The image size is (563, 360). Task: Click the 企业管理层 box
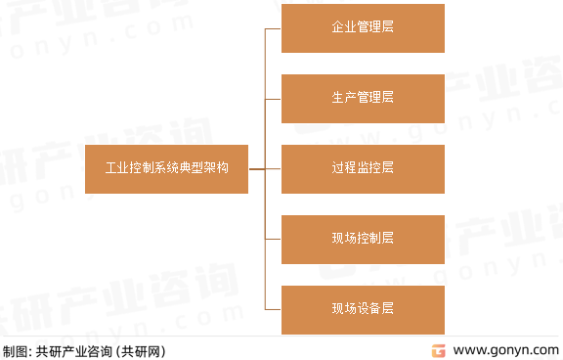point(363,28)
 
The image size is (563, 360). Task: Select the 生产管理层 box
point(363,98)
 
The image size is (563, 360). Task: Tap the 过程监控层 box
point(363,168)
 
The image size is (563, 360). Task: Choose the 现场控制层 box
point(363,239)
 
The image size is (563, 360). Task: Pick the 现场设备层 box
point(363,309)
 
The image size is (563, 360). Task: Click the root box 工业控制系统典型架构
point(166,168)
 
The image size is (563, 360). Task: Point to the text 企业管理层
point(363,28)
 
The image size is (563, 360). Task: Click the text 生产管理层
point(363,98)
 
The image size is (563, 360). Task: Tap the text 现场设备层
point(363,309)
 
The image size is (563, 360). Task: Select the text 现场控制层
point(363,239)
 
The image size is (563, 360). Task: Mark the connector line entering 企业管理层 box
point(273,28)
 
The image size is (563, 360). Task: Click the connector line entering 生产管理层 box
point(273,98)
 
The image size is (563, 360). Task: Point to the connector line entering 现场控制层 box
point(273,239)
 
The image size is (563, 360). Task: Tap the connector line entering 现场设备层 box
point(273,309)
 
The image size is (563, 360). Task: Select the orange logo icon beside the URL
point(440,349)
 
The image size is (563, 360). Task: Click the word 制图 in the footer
point(14,350)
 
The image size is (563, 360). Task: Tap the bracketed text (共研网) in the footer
point(142,350)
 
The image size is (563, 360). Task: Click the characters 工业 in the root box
point(117,168)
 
